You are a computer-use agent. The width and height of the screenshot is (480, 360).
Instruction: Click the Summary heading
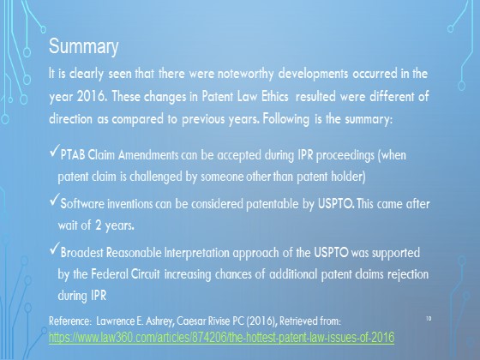84,46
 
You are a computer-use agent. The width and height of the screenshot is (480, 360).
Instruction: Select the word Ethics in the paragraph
275,96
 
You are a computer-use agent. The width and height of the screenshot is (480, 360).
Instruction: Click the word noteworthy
245,74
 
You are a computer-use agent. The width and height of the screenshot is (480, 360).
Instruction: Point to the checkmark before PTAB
54,152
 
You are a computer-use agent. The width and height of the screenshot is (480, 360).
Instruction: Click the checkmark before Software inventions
54,201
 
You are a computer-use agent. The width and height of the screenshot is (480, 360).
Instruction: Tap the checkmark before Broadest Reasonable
54,249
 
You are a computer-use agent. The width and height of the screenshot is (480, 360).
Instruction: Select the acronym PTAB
73,155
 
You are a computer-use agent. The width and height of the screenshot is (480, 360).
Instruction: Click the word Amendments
148,155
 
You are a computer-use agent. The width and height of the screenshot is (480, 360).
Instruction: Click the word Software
82,204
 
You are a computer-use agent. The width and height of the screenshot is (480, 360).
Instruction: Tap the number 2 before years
98,225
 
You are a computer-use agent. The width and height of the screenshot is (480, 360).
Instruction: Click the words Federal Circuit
125,274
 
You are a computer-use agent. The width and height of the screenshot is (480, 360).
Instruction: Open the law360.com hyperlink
222,338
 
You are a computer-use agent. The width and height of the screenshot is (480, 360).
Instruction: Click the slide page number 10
429,319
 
